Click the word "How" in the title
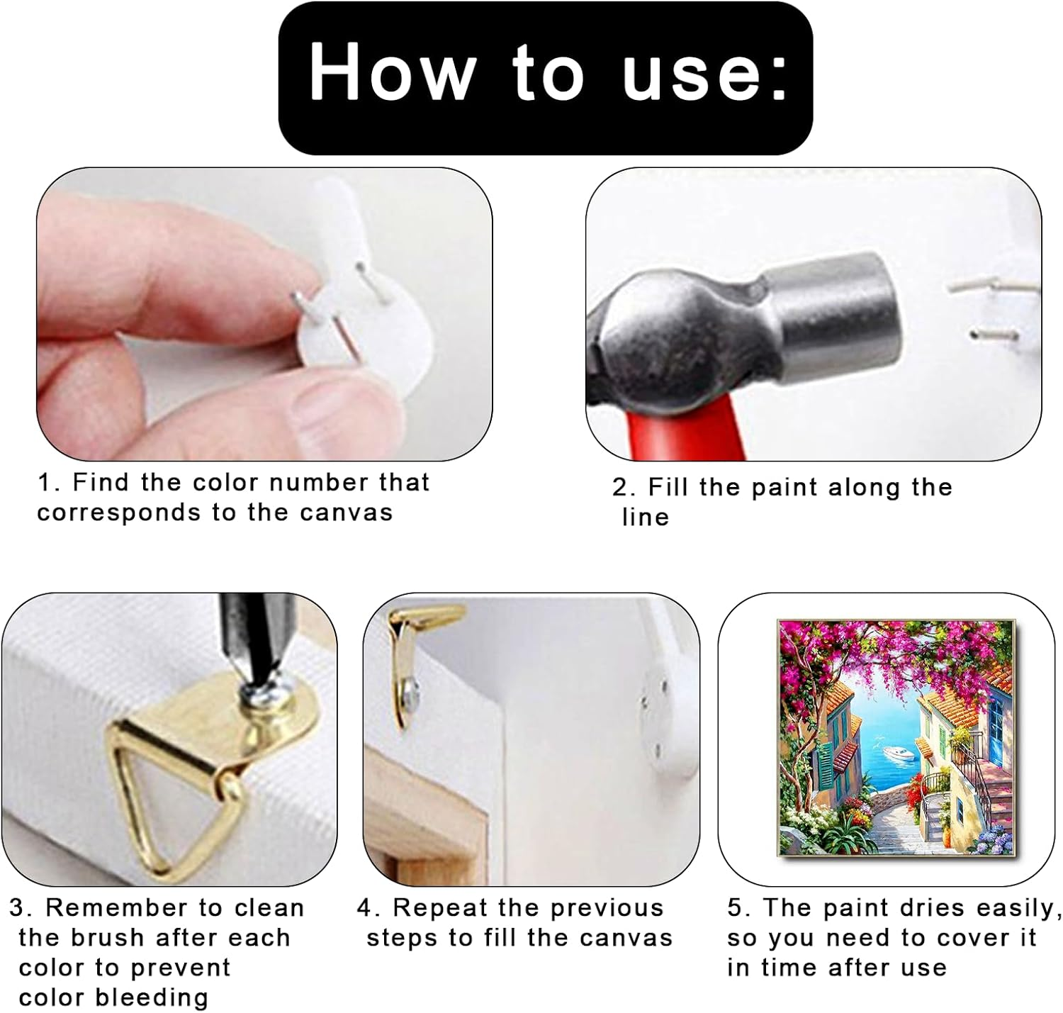point(392,72)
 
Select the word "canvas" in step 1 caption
point(346,513)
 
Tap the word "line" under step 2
point(645,517)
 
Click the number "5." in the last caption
point(738,908)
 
